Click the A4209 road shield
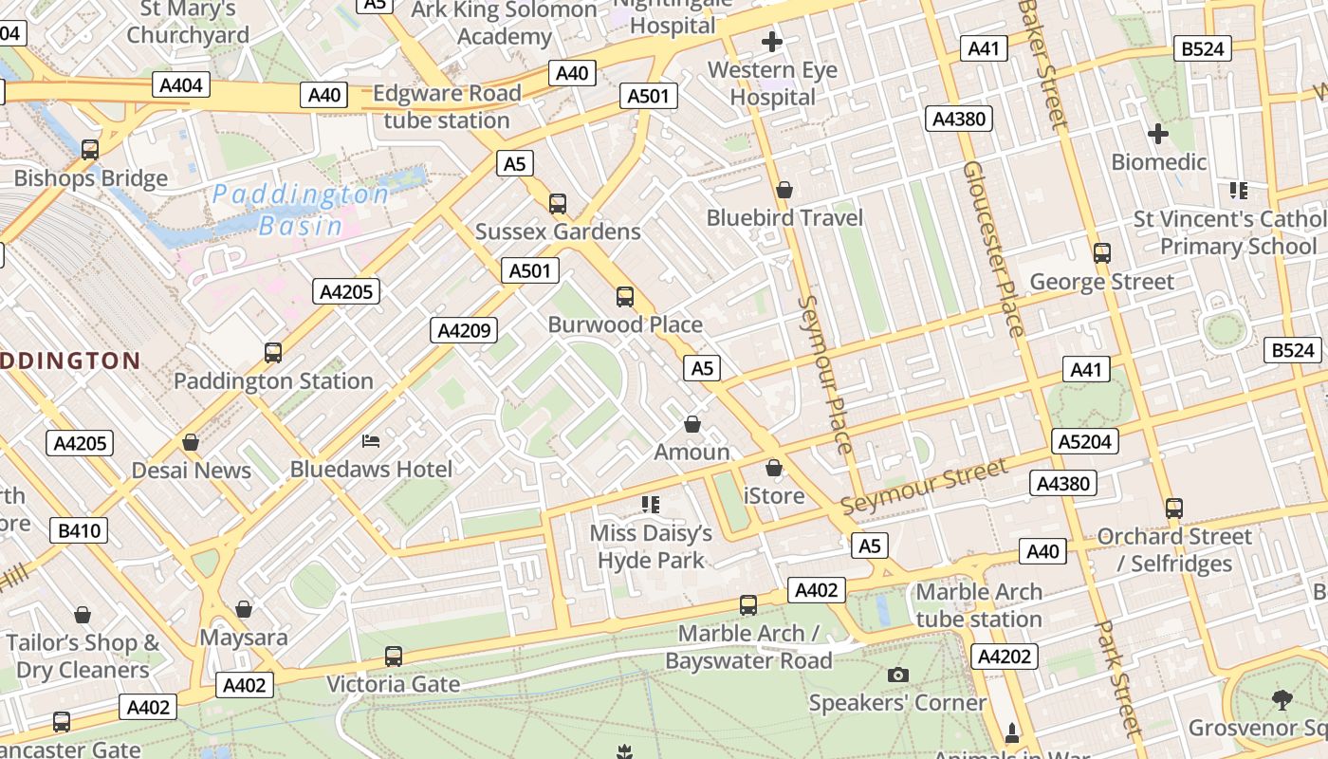tap(465, 330)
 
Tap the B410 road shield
tap(80, 530)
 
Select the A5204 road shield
tap(1086, 441)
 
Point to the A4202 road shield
tap(1005, 657)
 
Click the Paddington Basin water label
tap(300, 210)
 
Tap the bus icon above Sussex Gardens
tap(558, 204)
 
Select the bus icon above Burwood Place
tap(625, 297)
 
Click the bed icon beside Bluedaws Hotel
tap(371, 441)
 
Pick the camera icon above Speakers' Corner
tap(897, 676)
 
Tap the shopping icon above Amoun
tap(692, 424)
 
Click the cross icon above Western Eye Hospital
tap(772, 42)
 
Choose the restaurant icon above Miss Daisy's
tap(650, 504)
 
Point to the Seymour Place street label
tap(825, 374)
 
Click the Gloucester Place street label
tap(993, 249)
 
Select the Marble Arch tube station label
tap(979, 605)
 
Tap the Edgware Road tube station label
tap(447, 107)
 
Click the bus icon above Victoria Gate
tap(394, 657)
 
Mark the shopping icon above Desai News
tap(191, 442)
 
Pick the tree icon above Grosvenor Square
tap(1282, 700)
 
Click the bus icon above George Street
tap(1102, 253)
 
